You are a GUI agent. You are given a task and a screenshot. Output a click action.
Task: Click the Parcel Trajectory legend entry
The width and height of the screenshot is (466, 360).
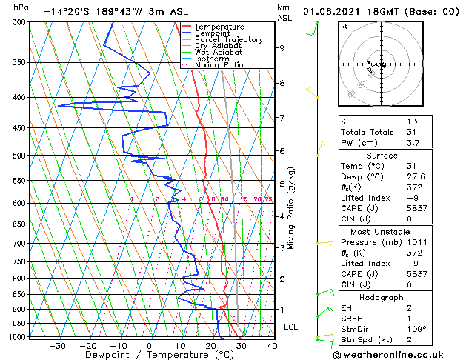point(228,39)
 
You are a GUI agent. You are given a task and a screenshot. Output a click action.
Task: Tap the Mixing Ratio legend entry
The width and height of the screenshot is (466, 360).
point(219,64)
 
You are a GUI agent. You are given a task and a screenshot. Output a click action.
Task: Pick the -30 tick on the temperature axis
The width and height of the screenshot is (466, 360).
point(56,345)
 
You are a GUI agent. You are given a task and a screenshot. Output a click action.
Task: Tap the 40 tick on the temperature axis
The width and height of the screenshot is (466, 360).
point(272,345)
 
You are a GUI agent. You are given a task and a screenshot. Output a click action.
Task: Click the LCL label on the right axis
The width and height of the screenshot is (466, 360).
point(291,327)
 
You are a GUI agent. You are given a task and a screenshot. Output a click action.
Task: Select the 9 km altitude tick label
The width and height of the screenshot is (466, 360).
point(282,48)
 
